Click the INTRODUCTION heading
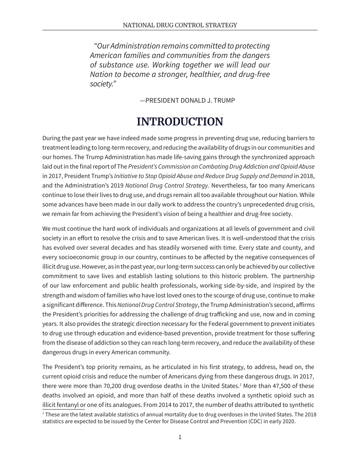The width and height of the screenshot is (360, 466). tap(180, 122)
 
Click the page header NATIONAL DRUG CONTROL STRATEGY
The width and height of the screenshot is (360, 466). tap(180, 25)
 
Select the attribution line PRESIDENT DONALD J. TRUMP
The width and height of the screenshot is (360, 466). tap(188, 100)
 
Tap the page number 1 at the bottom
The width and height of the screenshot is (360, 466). tap(180, 437)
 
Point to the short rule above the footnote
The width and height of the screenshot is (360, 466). tap(63, 410)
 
